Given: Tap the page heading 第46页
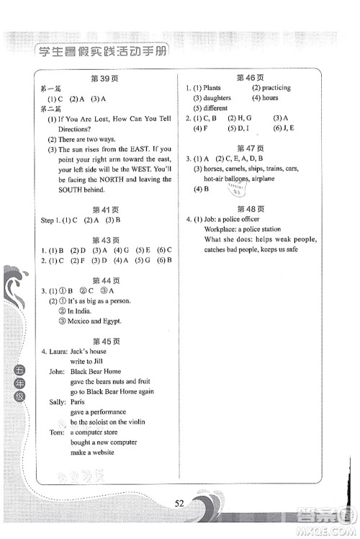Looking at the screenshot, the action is point(250,76).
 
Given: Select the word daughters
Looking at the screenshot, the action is point(217,98).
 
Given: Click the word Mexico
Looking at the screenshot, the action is point(79,321).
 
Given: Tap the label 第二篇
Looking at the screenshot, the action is point(51,109).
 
